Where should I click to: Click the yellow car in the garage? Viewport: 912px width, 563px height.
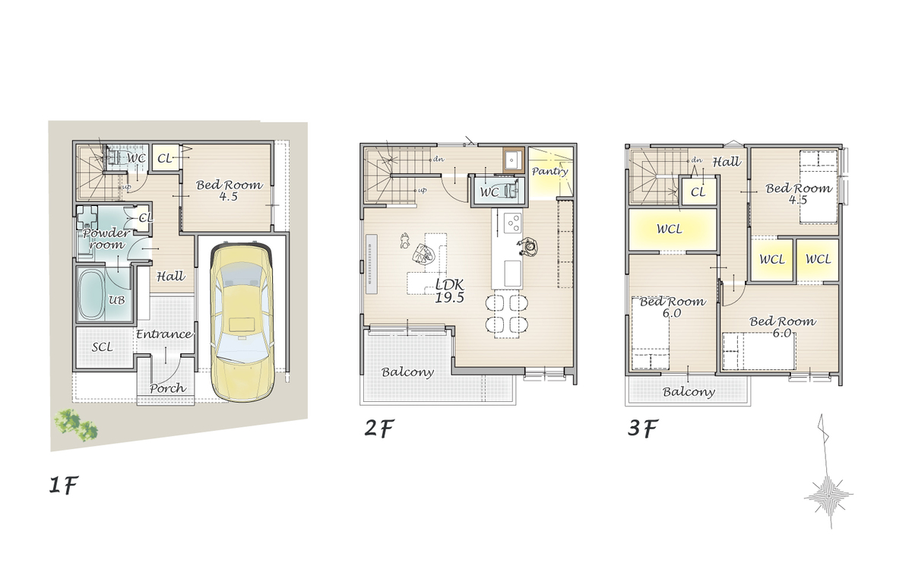pos(242,321)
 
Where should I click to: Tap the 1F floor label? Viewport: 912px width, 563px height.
pos(64,485)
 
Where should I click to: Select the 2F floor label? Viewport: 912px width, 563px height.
pos(379,428)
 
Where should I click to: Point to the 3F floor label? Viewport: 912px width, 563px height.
pos(643,428)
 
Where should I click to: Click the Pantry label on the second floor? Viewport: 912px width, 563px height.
pos(549,171)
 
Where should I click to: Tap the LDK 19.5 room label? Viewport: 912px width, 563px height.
pos(449,291)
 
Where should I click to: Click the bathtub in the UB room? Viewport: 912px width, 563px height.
pos(90,295)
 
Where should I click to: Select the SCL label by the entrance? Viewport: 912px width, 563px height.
pos(102,346)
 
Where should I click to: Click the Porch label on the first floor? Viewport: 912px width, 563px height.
pos(168,388)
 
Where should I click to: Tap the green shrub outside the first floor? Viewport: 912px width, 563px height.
pos(76,425)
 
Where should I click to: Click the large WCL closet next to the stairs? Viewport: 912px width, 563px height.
pos(672,229)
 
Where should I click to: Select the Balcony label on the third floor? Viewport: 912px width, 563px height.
pos(689,392)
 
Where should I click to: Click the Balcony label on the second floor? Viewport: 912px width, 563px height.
pos(407,372)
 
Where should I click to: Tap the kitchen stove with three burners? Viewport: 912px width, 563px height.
pos(512,223)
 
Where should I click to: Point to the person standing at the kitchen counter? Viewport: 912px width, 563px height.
pos(527,246)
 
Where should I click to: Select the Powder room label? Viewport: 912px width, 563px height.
pos(106,239)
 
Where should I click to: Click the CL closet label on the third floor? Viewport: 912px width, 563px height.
pos(698,191)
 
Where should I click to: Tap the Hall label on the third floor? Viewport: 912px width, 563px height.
pos(727,162)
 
